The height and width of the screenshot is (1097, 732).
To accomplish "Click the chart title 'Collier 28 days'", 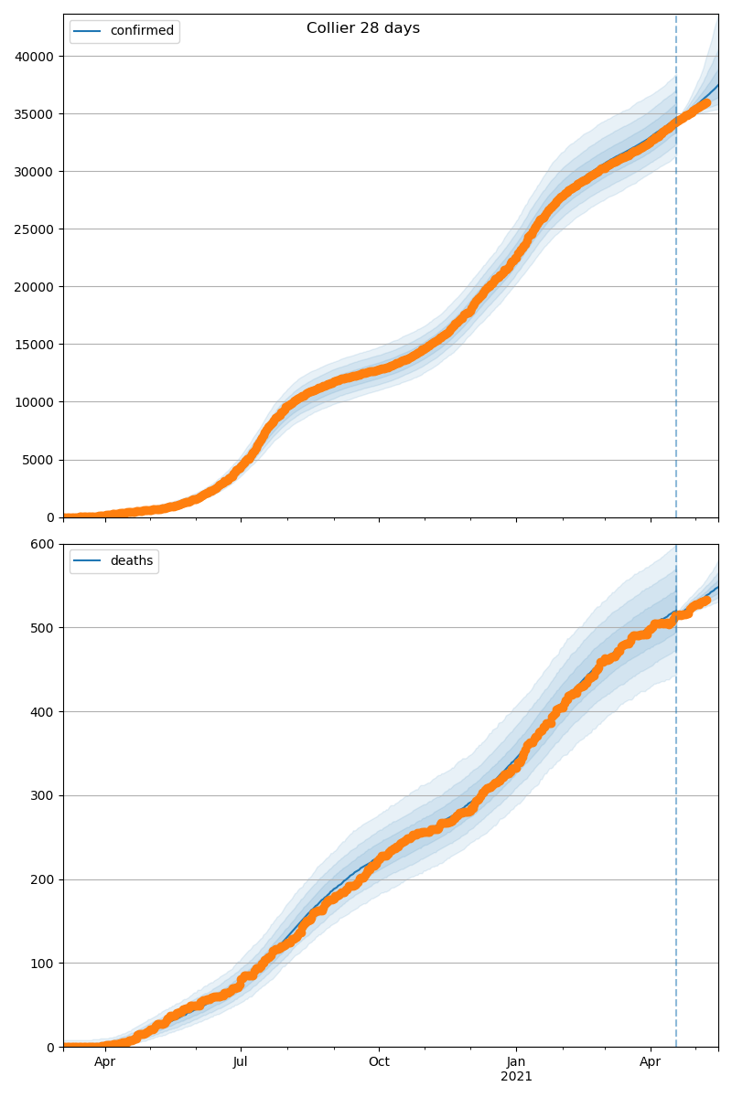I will [x=363, y=28].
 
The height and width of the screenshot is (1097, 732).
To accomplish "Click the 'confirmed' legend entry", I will [x=141, y=31].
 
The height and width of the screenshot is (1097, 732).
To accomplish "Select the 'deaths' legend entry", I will [x=131, y=561].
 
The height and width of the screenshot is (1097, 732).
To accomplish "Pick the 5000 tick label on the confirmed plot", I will [x=39, y=460].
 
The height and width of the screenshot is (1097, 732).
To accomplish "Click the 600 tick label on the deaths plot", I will [x=43, y=545].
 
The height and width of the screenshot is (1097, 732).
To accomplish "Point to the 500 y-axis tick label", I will [x=43, y=628].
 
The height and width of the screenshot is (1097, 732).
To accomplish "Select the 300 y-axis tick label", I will [x=43, y=795].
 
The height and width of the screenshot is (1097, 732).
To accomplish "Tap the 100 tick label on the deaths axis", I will [x=43, y=964].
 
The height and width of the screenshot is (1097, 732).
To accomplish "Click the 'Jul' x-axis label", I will [x=241, y=1062].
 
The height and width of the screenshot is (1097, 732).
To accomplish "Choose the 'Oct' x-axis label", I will [x=379, y=1062].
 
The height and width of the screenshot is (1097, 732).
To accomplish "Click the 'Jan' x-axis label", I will [x=516, y=1062].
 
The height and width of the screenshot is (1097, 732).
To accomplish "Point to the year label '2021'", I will [x=516, y=1077].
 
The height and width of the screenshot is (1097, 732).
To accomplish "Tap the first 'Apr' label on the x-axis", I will [x=104, y=1062].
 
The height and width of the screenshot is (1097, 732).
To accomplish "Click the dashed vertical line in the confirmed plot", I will [x=676, y=274].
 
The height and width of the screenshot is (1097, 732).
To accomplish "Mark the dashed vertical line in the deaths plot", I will [x=676, y=823].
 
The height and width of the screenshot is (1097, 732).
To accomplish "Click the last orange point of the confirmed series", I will [x=705, y=103].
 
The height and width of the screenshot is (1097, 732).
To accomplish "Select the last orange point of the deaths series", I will [x=705, y=600].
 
